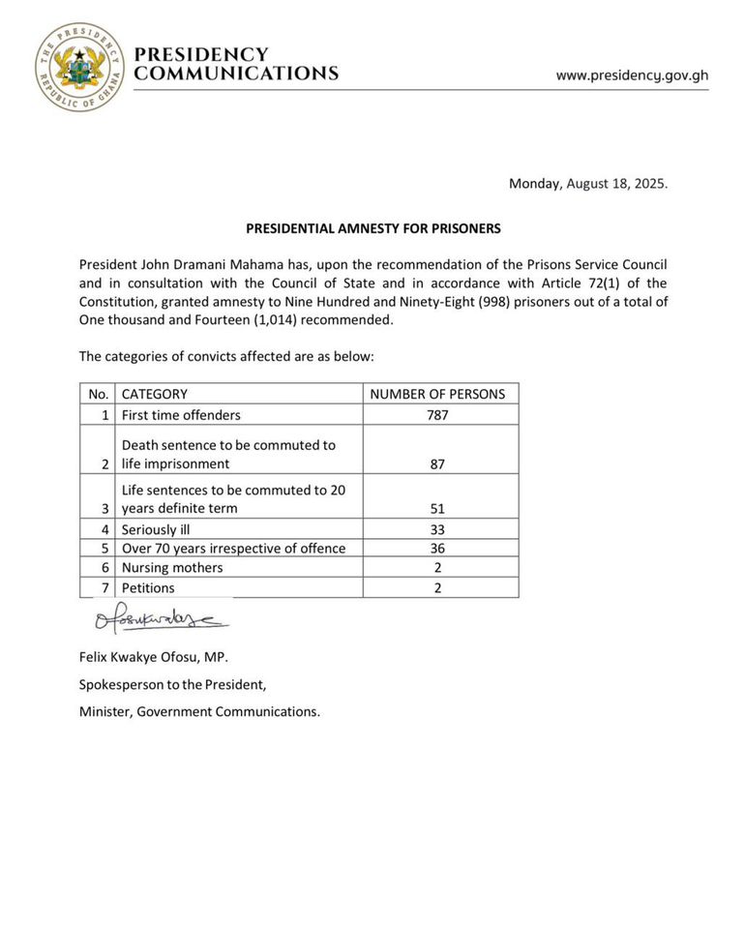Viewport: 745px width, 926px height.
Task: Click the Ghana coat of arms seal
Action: click(79, 67)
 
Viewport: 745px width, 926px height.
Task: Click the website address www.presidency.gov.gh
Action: click(632, 75)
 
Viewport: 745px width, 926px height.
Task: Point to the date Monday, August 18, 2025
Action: click(588, 183)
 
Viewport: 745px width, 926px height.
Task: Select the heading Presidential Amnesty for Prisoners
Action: click(372, 229)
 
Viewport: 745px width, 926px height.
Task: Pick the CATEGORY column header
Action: click(155, 394)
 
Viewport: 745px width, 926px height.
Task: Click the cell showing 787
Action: click(440, 415)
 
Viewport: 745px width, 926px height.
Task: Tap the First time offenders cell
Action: click(181, 415)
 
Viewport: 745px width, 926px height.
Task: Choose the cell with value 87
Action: click(440, 463)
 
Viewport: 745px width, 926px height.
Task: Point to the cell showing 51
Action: click(440, 508)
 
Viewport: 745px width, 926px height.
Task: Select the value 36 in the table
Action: click(440, 549)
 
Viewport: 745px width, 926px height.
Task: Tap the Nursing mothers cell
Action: click(172, 568)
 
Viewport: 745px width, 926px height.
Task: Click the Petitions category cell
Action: click(148, 587)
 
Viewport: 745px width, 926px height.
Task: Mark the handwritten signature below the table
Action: click(160, 619)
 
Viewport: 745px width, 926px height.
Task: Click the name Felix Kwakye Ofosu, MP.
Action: click(153, 657)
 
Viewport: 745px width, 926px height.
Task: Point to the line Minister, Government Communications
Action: click(198, 711)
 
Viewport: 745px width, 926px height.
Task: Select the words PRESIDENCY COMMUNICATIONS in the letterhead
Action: click(235, 64)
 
